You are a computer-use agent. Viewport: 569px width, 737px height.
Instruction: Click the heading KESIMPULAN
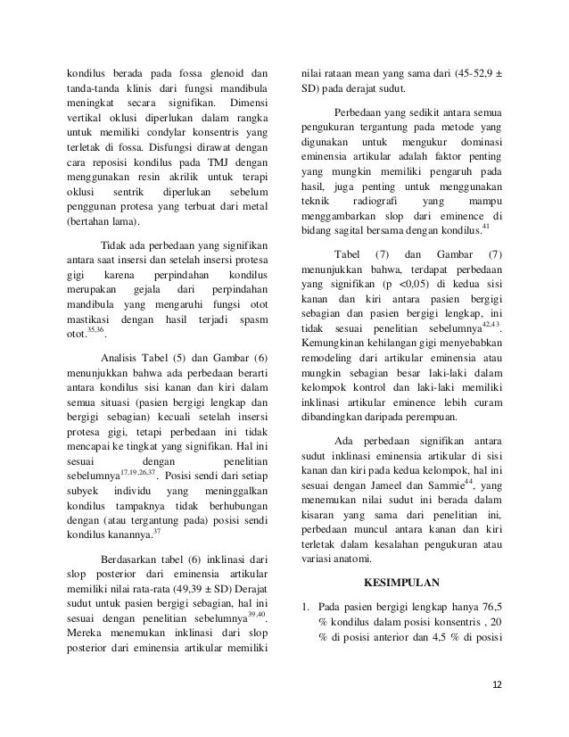click(x=401, y=585)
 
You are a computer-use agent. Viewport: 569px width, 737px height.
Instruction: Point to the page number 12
click(x=497, y=684)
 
